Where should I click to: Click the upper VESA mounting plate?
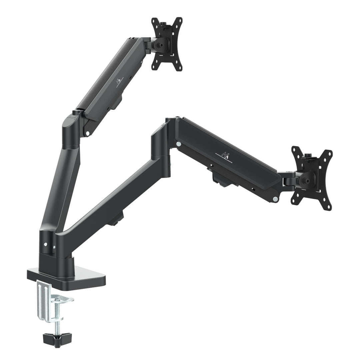167,44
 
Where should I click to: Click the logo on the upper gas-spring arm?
118,82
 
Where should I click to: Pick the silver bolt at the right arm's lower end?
275,199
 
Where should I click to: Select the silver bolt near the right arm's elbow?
179,144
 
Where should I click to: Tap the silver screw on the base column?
54,248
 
